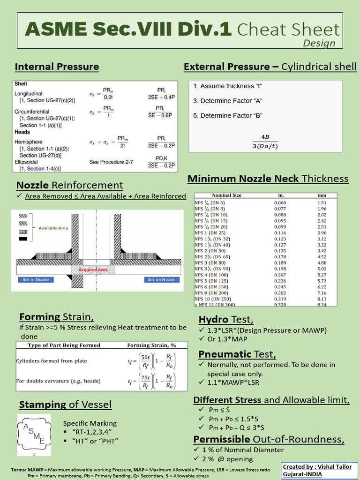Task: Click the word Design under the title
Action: [319, 43]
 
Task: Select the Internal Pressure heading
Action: [57, 67]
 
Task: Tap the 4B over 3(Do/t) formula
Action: [265, 142]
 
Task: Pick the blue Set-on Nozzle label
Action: [161, 280]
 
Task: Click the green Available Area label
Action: [53, 228]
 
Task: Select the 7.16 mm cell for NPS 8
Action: [322, 293]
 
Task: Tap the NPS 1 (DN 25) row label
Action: [210, 233]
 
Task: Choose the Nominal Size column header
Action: [227, 195]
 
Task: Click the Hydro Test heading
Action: [226, 320]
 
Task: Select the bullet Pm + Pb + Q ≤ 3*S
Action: [236, 427]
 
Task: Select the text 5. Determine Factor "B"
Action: [228, 115]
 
